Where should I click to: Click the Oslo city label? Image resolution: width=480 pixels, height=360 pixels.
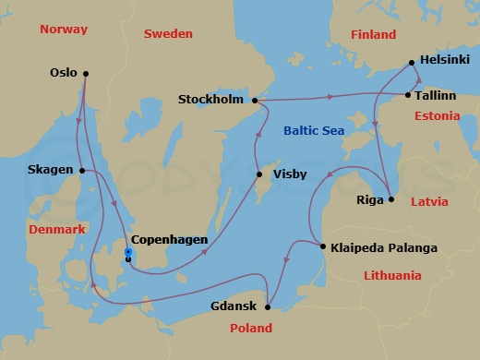coord(64,73)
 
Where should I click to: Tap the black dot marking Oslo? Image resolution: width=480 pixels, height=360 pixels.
coord(85,73)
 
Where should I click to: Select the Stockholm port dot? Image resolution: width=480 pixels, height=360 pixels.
coord(254,100)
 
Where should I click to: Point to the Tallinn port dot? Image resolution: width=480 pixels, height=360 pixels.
coord(408,94)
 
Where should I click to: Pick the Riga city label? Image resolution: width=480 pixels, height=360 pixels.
coord(369,199)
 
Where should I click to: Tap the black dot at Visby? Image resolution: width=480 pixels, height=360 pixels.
coord(258,174)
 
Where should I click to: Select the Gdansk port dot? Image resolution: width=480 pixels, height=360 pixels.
coord(267,307)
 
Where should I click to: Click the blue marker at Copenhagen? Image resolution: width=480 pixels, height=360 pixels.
coord(128,252)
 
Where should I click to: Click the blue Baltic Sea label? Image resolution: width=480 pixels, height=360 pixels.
coord(314,132)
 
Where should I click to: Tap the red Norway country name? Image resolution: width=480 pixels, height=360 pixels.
coord(64,30)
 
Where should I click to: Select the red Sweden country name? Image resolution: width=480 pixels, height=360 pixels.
coord(169,34)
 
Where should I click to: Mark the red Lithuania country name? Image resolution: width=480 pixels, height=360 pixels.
coord(391,275)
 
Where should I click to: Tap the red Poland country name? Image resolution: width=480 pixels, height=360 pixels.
coord(250,328)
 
